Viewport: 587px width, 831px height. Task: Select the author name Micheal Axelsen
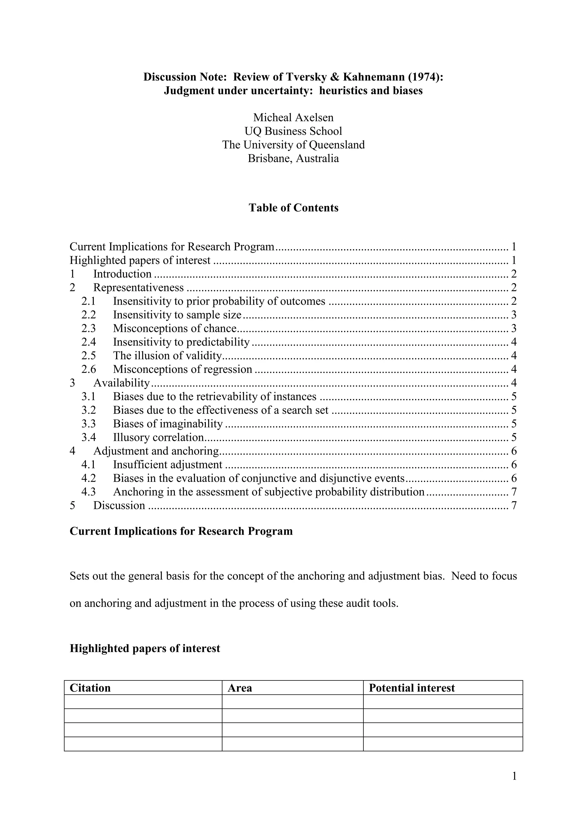click(293, 117)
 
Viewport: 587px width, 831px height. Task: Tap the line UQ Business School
click(293, 131)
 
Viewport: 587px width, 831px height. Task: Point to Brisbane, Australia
click(293, 159)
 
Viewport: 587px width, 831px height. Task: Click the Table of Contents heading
click(293, 208)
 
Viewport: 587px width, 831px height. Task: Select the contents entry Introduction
click(122, 274)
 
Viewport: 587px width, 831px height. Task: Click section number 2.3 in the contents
click(89, 328)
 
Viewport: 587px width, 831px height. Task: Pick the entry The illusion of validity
click(167, 355)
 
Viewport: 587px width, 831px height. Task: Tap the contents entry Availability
click(122, 383)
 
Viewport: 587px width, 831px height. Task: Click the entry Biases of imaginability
click(168, 423)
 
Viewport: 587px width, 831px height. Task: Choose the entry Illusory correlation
click(159, 437)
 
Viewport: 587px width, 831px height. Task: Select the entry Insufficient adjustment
click(167, 464)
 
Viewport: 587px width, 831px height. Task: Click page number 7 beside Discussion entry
click(514, 505)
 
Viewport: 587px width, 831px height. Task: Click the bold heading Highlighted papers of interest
click(145, 648)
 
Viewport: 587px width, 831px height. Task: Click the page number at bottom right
click(514, 776)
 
